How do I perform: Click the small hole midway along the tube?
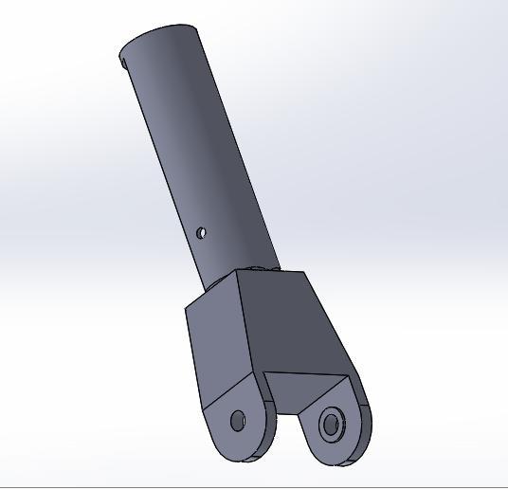pyautogui.click(x=202, y=232)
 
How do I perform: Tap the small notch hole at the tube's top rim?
pyautogui.click(x=124, y=63)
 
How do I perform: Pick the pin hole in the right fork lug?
pyautogui.click(x=331, y=424)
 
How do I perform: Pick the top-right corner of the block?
pyautogui.click(x=304, y=272)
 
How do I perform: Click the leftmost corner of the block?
pyautogui.click(x=186, y=308)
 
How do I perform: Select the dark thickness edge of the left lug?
pyautogui.click(x=271, y=426)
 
